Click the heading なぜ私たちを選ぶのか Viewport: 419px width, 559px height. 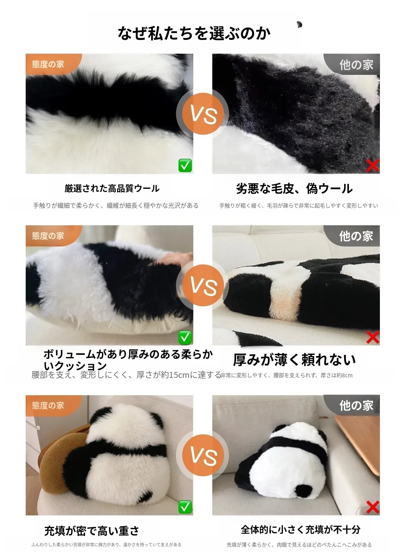194,34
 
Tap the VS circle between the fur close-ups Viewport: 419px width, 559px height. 203,114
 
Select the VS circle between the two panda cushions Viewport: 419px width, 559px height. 203,455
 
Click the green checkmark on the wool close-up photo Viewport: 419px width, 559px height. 185,165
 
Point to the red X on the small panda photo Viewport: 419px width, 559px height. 373,507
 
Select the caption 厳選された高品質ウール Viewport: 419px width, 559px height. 112,189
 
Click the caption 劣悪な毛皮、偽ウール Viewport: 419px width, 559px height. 294,189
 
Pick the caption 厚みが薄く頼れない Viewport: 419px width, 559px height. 294,360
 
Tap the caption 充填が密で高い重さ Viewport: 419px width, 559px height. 92,531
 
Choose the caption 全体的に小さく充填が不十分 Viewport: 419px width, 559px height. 301,530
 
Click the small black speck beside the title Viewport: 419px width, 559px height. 299,25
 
